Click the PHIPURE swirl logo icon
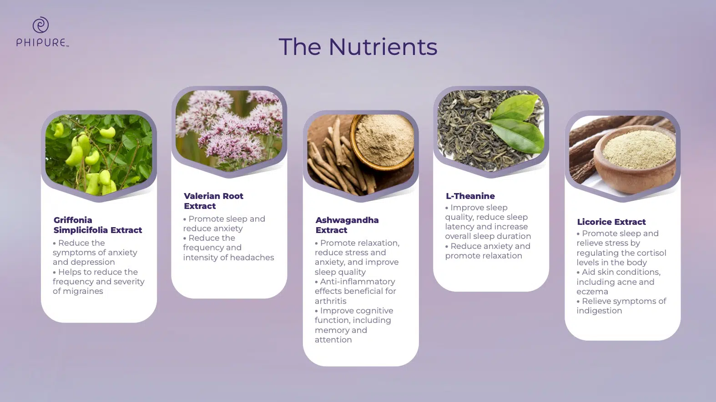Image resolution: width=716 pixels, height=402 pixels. tap(40, 25)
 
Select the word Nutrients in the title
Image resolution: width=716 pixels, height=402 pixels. tap(383, 47)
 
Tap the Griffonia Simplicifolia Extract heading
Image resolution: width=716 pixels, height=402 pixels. tap(97, 225)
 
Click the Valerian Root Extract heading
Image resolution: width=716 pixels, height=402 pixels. tap(213, 201)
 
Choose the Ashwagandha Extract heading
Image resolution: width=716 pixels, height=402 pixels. tap(347, 225)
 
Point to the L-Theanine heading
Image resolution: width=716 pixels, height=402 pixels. tap(470, 196)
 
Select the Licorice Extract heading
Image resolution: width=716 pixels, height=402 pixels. tap(611, 222)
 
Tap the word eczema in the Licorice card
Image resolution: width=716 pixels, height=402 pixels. tap(592, 292)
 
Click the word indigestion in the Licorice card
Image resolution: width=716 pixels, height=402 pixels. tap(600, 311)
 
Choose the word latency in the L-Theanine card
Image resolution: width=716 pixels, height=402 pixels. tap(459, 227)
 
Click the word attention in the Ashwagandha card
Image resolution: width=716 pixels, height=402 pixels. tap(333, 340)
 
